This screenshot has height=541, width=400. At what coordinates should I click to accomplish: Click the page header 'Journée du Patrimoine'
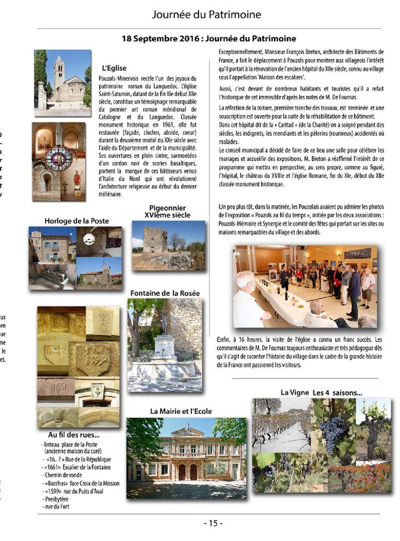206,14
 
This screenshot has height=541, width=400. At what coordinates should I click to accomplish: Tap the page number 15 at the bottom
213,523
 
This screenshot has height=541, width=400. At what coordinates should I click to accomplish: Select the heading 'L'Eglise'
114,68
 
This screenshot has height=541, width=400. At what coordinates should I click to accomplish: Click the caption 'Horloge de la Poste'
76,220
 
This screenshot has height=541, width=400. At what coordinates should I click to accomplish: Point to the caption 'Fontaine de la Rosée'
165,293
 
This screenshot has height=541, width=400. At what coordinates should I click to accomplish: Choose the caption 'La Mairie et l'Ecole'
181,411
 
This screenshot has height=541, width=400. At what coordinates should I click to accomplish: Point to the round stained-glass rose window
58,157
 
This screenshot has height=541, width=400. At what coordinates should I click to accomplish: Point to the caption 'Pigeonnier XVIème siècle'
167,211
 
